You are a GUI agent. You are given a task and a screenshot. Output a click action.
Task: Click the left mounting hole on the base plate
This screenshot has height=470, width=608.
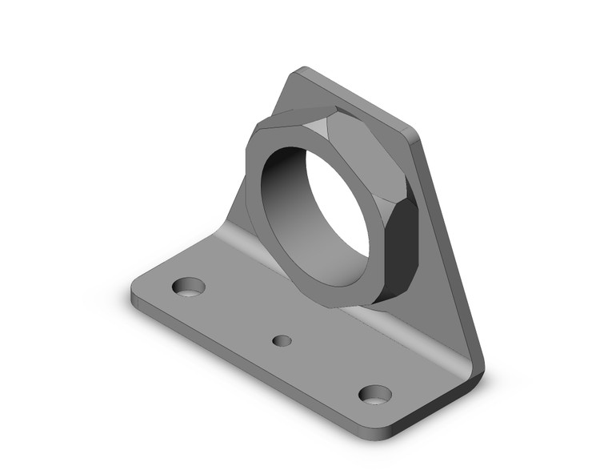(190, 286)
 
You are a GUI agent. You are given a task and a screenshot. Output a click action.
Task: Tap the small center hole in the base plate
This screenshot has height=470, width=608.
(282, 341)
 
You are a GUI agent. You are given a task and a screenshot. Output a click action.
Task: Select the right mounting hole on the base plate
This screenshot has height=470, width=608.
(374, 394)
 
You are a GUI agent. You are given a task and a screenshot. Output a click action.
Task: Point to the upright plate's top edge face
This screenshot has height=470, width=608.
(360, 102)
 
